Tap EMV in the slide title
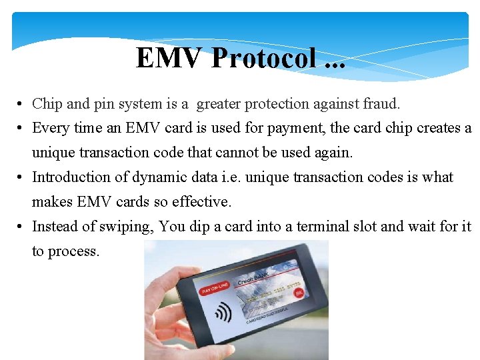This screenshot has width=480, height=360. [x=171, y=58]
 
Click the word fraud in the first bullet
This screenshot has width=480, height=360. [x=380, y=104]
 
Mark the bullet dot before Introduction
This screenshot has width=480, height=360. [x=22, y=178]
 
